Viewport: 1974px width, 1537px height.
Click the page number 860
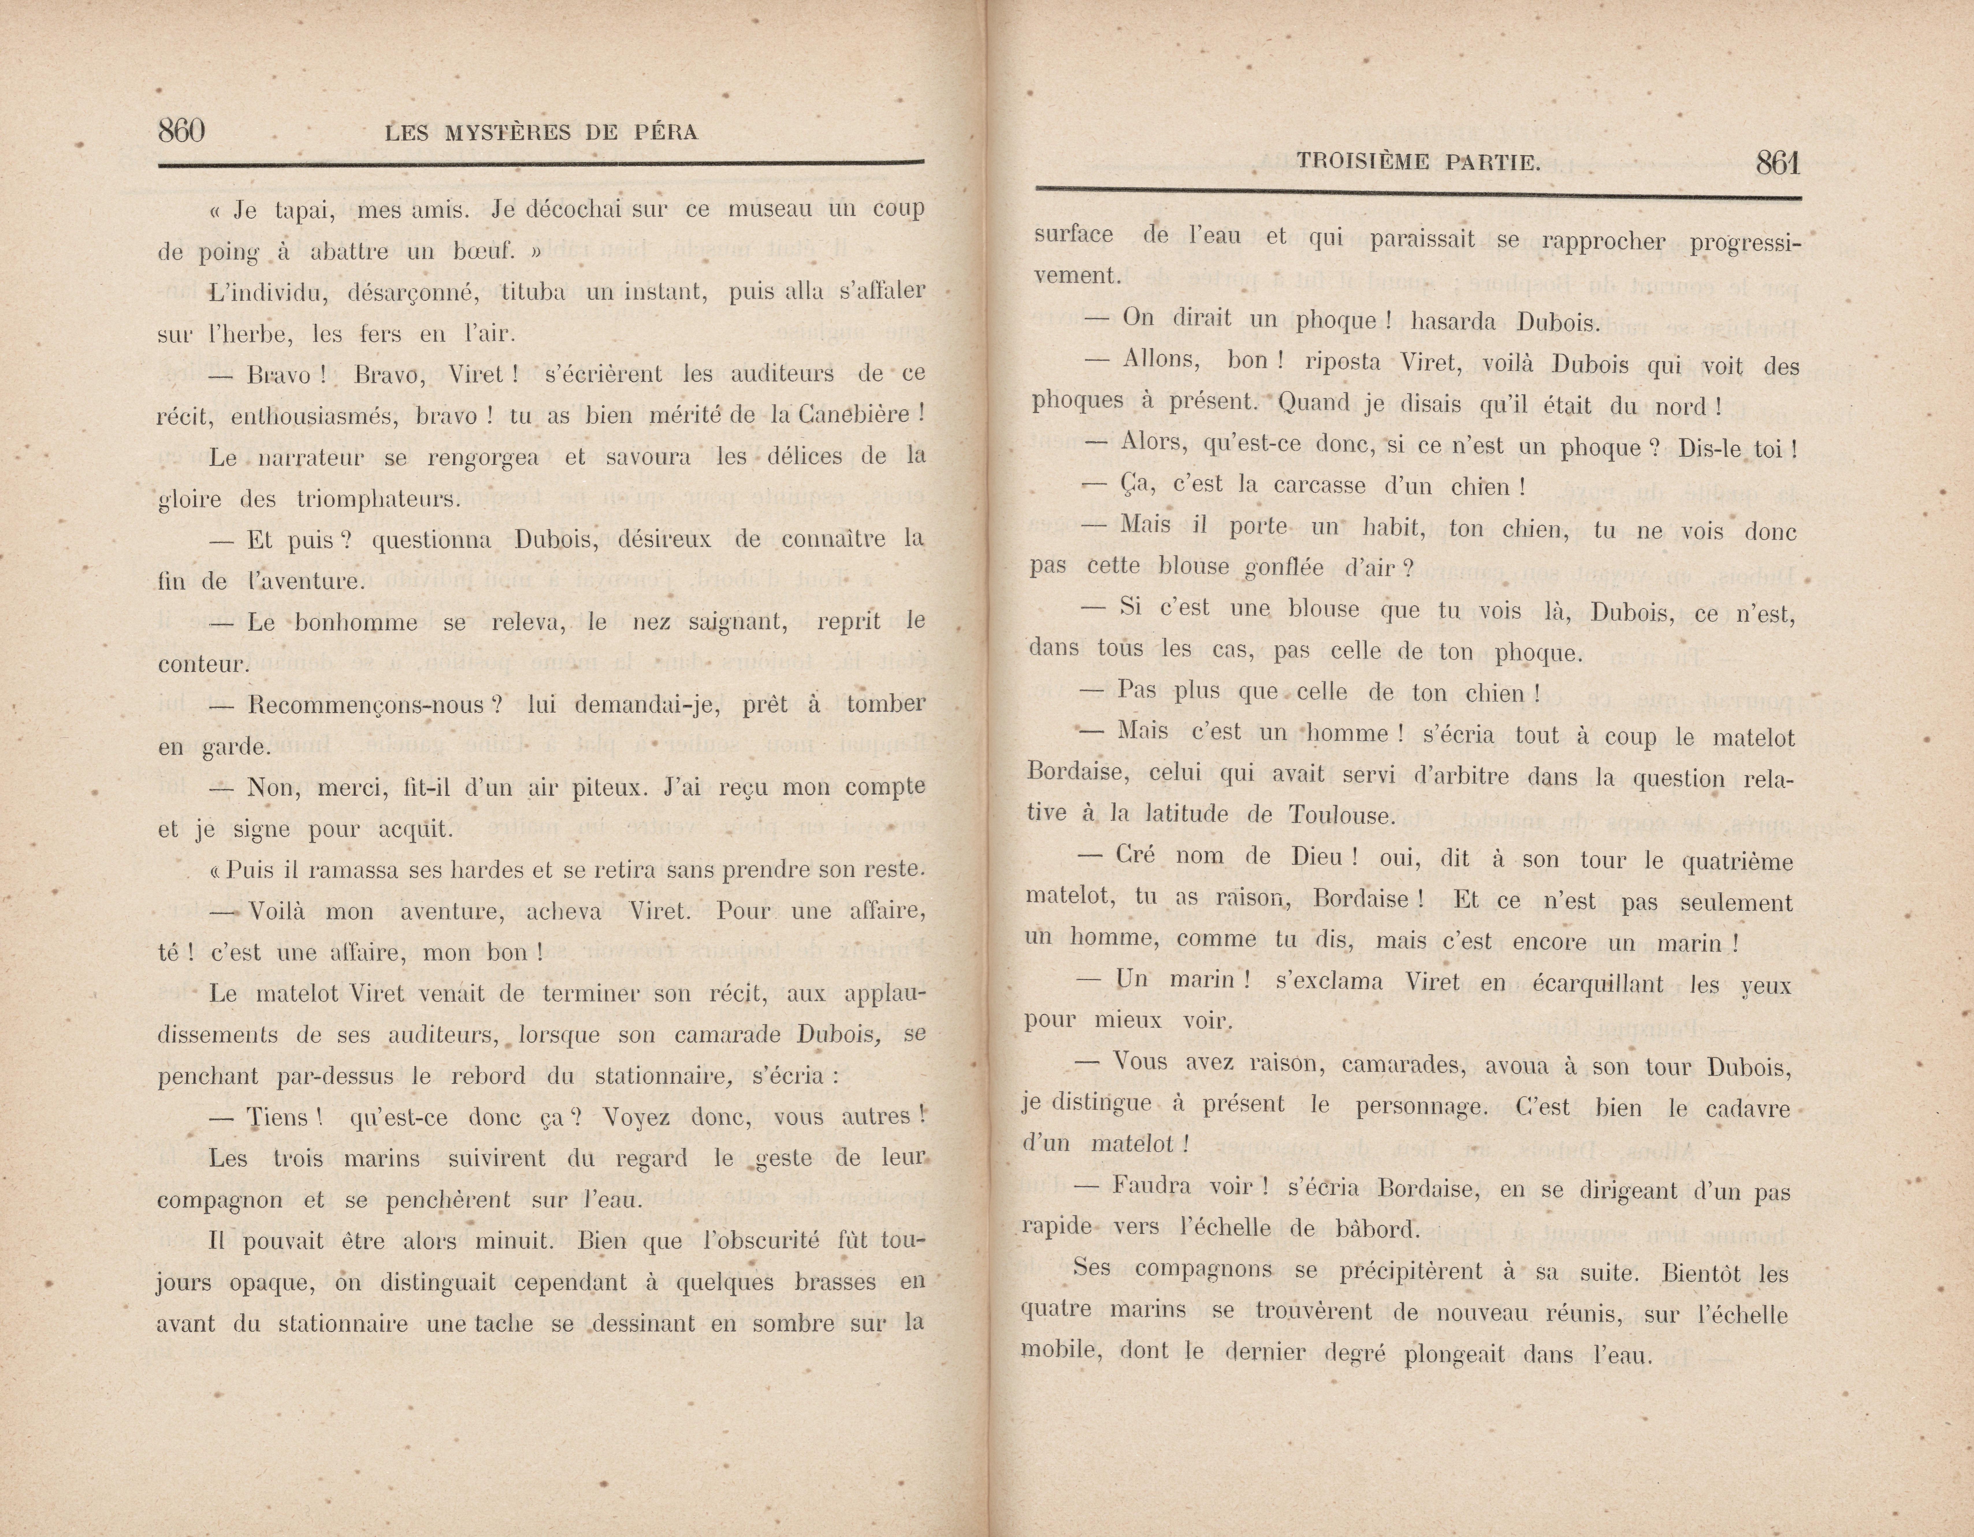click(x=181, y=132)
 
